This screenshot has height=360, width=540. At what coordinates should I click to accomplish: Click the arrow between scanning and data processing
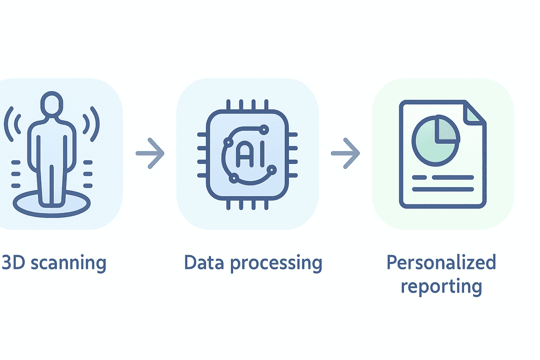[150, 153]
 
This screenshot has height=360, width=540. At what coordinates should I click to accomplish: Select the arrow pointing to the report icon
[345, 153]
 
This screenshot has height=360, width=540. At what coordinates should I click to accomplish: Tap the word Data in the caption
[203, 262]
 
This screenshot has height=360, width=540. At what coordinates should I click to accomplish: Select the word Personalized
[441, 262]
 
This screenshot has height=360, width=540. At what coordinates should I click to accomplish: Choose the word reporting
[441, 287]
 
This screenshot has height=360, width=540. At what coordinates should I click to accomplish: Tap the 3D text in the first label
[13, 262]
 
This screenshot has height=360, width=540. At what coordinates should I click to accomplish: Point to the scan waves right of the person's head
[91, 124]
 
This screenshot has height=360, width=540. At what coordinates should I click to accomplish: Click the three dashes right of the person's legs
[88, 172]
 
